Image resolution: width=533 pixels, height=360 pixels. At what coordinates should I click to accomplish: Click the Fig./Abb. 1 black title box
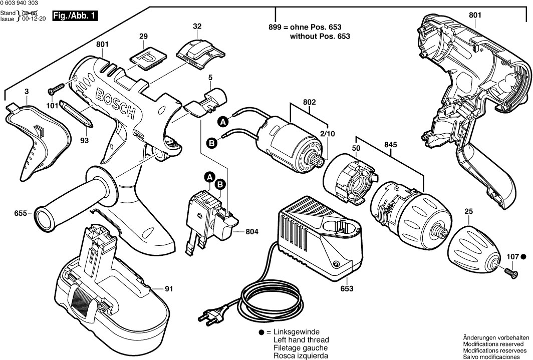[x=75, y=17]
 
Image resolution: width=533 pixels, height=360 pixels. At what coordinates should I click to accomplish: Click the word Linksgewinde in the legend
[x=296, y=332]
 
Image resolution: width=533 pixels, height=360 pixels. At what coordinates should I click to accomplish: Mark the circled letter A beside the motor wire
[x=223, y=121]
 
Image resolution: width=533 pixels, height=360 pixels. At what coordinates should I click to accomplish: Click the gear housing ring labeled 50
[x=350, y=180]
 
